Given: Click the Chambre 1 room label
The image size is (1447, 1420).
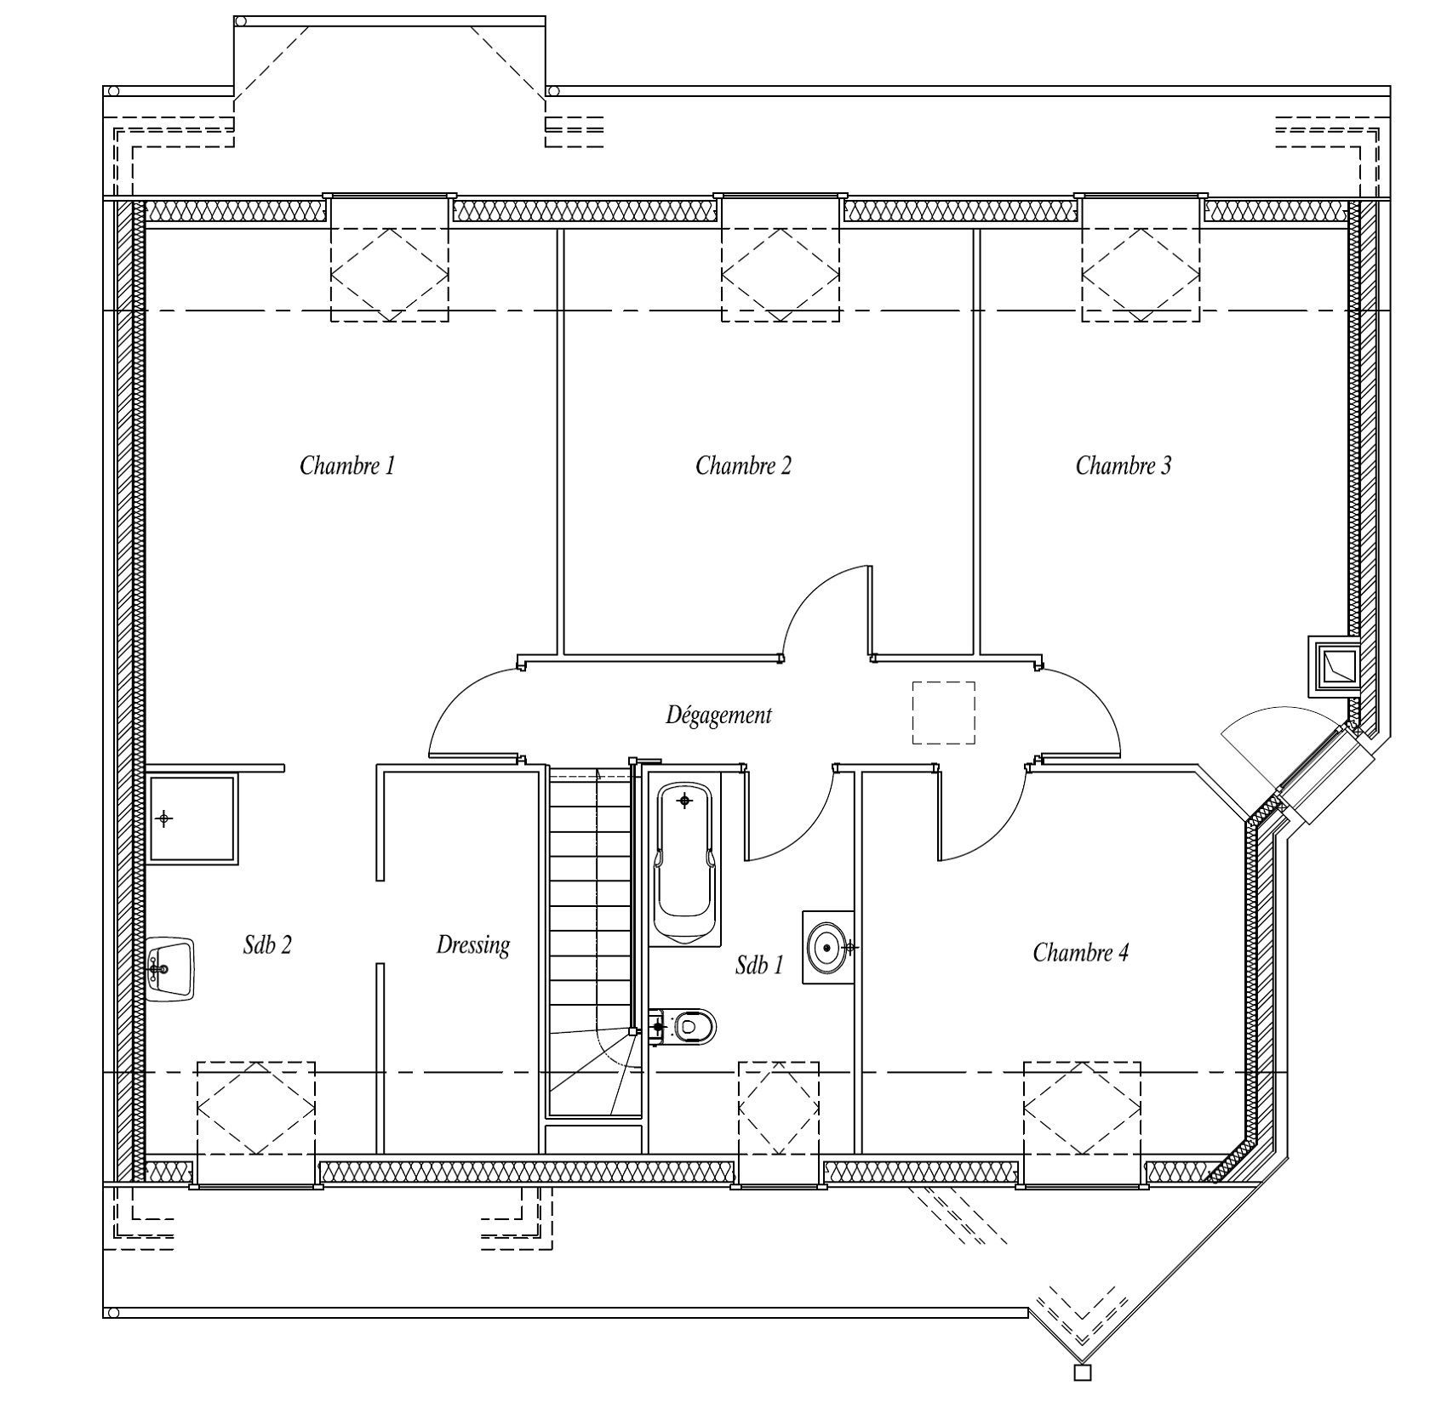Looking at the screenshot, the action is tap(347, 465).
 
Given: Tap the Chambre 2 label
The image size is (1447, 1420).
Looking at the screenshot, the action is tap(743, 465).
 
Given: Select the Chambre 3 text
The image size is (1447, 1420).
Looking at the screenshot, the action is tap(1124, 465).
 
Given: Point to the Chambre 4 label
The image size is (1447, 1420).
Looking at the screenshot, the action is tap(1081, 952).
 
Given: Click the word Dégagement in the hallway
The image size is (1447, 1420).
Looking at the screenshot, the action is tap(718, 716).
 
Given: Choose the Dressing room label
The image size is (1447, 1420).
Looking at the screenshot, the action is tap(473, 944).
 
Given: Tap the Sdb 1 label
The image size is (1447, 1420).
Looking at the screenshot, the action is tap(759, 964).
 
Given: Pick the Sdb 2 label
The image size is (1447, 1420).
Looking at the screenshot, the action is tap(267, 944).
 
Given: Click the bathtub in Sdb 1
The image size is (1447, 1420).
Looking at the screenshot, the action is tap(684, 863).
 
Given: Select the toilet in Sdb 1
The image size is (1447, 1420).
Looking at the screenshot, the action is tap(683, 1027).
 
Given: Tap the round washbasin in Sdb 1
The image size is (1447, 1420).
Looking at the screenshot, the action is tap(827, 946).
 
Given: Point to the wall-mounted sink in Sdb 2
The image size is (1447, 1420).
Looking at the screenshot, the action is tap(171, 969).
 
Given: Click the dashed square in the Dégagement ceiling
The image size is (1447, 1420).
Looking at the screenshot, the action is tap(944, 712).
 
